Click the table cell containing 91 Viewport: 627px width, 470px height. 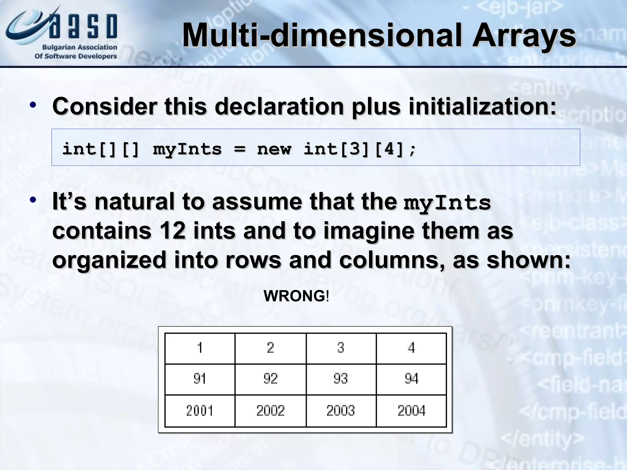click(x=200, y=379)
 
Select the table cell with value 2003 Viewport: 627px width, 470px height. click(x=341, y=410)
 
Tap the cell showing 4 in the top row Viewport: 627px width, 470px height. click(x=411, y=348)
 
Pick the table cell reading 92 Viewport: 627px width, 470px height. click(x=270, y=379)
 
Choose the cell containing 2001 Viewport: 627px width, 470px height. click(x=200, y=410)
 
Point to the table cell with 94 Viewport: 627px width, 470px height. click(x=411, y=379)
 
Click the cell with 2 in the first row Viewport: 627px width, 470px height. click(x=270, y=348)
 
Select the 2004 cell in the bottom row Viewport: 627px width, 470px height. click(x=411, y=410)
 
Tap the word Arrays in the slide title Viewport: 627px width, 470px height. click(x=524, y=35)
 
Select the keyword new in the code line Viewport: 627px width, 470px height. click(x=274, y=149)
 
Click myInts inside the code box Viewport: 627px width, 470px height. click(x=187, y=149)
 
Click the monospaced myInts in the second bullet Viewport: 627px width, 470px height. click(x=447, y=203)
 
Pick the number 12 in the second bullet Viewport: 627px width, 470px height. click(x=172, y=231)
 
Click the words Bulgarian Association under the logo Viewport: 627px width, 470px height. click(x=80, y=47)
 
